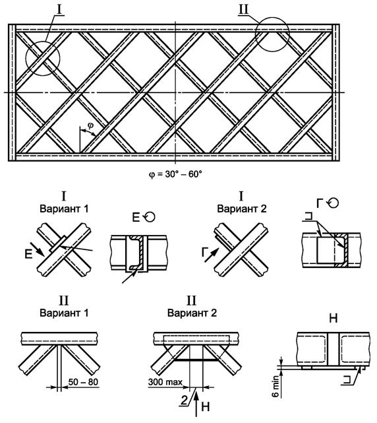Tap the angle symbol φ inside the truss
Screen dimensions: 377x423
tap(90, 125)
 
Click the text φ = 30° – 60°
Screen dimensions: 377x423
tap(175, 174)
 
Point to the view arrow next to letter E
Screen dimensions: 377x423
tap(38, 249)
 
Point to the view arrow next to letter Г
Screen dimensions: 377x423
tap(211, 255)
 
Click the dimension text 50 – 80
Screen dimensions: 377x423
tap(83, 382)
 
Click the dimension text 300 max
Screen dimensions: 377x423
tap(165, 382)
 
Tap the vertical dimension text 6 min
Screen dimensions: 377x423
tap(275, 387)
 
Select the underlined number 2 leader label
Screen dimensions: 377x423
tap(184, 400)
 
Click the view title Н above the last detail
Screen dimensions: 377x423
tap(333, 319)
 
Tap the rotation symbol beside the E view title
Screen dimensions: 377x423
tap(150, 216)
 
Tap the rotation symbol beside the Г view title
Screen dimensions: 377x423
tap(333, 203)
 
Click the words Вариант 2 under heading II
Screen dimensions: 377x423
tap(192, 313)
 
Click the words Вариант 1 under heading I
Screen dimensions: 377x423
tap(64, 209)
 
